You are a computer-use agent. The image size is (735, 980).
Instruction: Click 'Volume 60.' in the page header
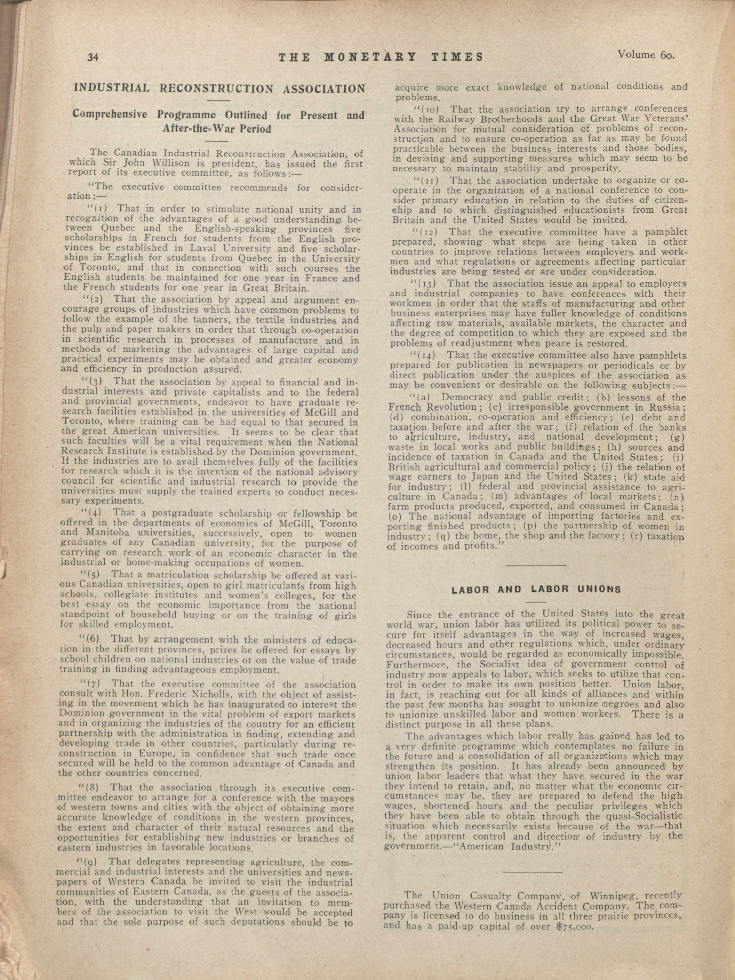click(645, 55)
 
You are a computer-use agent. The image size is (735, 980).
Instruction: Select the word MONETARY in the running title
click(371, 57)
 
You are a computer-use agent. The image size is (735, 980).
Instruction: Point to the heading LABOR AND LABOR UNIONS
click(536, 589)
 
